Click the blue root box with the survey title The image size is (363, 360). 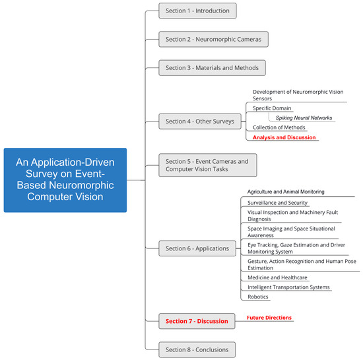[65, 180]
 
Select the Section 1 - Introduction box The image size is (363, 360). [197, 11]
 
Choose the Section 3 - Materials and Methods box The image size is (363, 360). [213, 67]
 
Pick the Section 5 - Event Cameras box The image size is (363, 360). [207, 165]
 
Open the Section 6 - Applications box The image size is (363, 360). [197, 248]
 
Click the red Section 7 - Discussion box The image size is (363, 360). [197, 321]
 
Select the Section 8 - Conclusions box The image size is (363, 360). [197, 349]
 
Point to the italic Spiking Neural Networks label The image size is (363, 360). [304, 118]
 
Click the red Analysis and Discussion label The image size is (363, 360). [284, 137]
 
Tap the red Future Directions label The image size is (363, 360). [269, 318]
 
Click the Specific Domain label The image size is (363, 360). [272, 108]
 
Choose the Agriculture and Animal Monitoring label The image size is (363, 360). [286, 192]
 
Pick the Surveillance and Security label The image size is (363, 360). [277, 202]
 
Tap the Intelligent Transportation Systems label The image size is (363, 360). [288, 287]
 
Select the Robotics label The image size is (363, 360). [259, 297]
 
